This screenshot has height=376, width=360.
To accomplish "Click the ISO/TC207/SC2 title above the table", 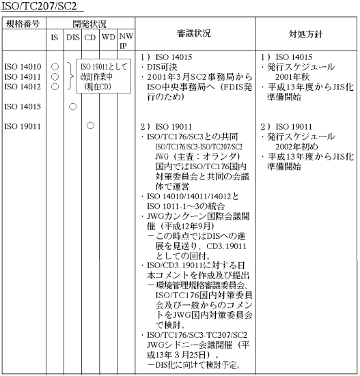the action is tap(39, 5).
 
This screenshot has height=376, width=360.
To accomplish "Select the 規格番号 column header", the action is tap(23, 24).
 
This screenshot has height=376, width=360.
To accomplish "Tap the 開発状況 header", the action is tap(89, 24).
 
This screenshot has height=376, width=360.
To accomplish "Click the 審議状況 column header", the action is tap(194, 33).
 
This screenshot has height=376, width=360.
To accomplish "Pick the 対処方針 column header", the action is tap(305, 34).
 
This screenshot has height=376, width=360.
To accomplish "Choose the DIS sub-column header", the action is tap(73, 38).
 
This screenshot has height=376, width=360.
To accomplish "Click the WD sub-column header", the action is tap(108, 37).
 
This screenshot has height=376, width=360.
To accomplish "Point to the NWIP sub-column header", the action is tap(126, 41).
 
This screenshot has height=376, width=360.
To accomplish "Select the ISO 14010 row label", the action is tap(23, 67).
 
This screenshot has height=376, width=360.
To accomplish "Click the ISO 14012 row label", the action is tap(23, 87).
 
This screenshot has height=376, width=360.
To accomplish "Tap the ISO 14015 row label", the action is tap(23, 106).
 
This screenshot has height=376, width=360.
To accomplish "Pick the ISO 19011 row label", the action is tap(23, 126).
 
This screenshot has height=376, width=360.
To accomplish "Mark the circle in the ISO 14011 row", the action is tap(55, 76).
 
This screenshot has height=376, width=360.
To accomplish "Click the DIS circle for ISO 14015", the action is tap(72, 106).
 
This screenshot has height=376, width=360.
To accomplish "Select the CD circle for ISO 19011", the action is tap(90, 126).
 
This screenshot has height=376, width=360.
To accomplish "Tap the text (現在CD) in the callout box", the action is tap(98, 87).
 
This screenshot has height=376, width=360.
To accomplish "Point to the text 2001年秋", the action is tap(292, 77).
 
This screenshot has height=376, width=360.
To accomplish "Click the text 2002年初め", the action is tap(296, 147).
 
